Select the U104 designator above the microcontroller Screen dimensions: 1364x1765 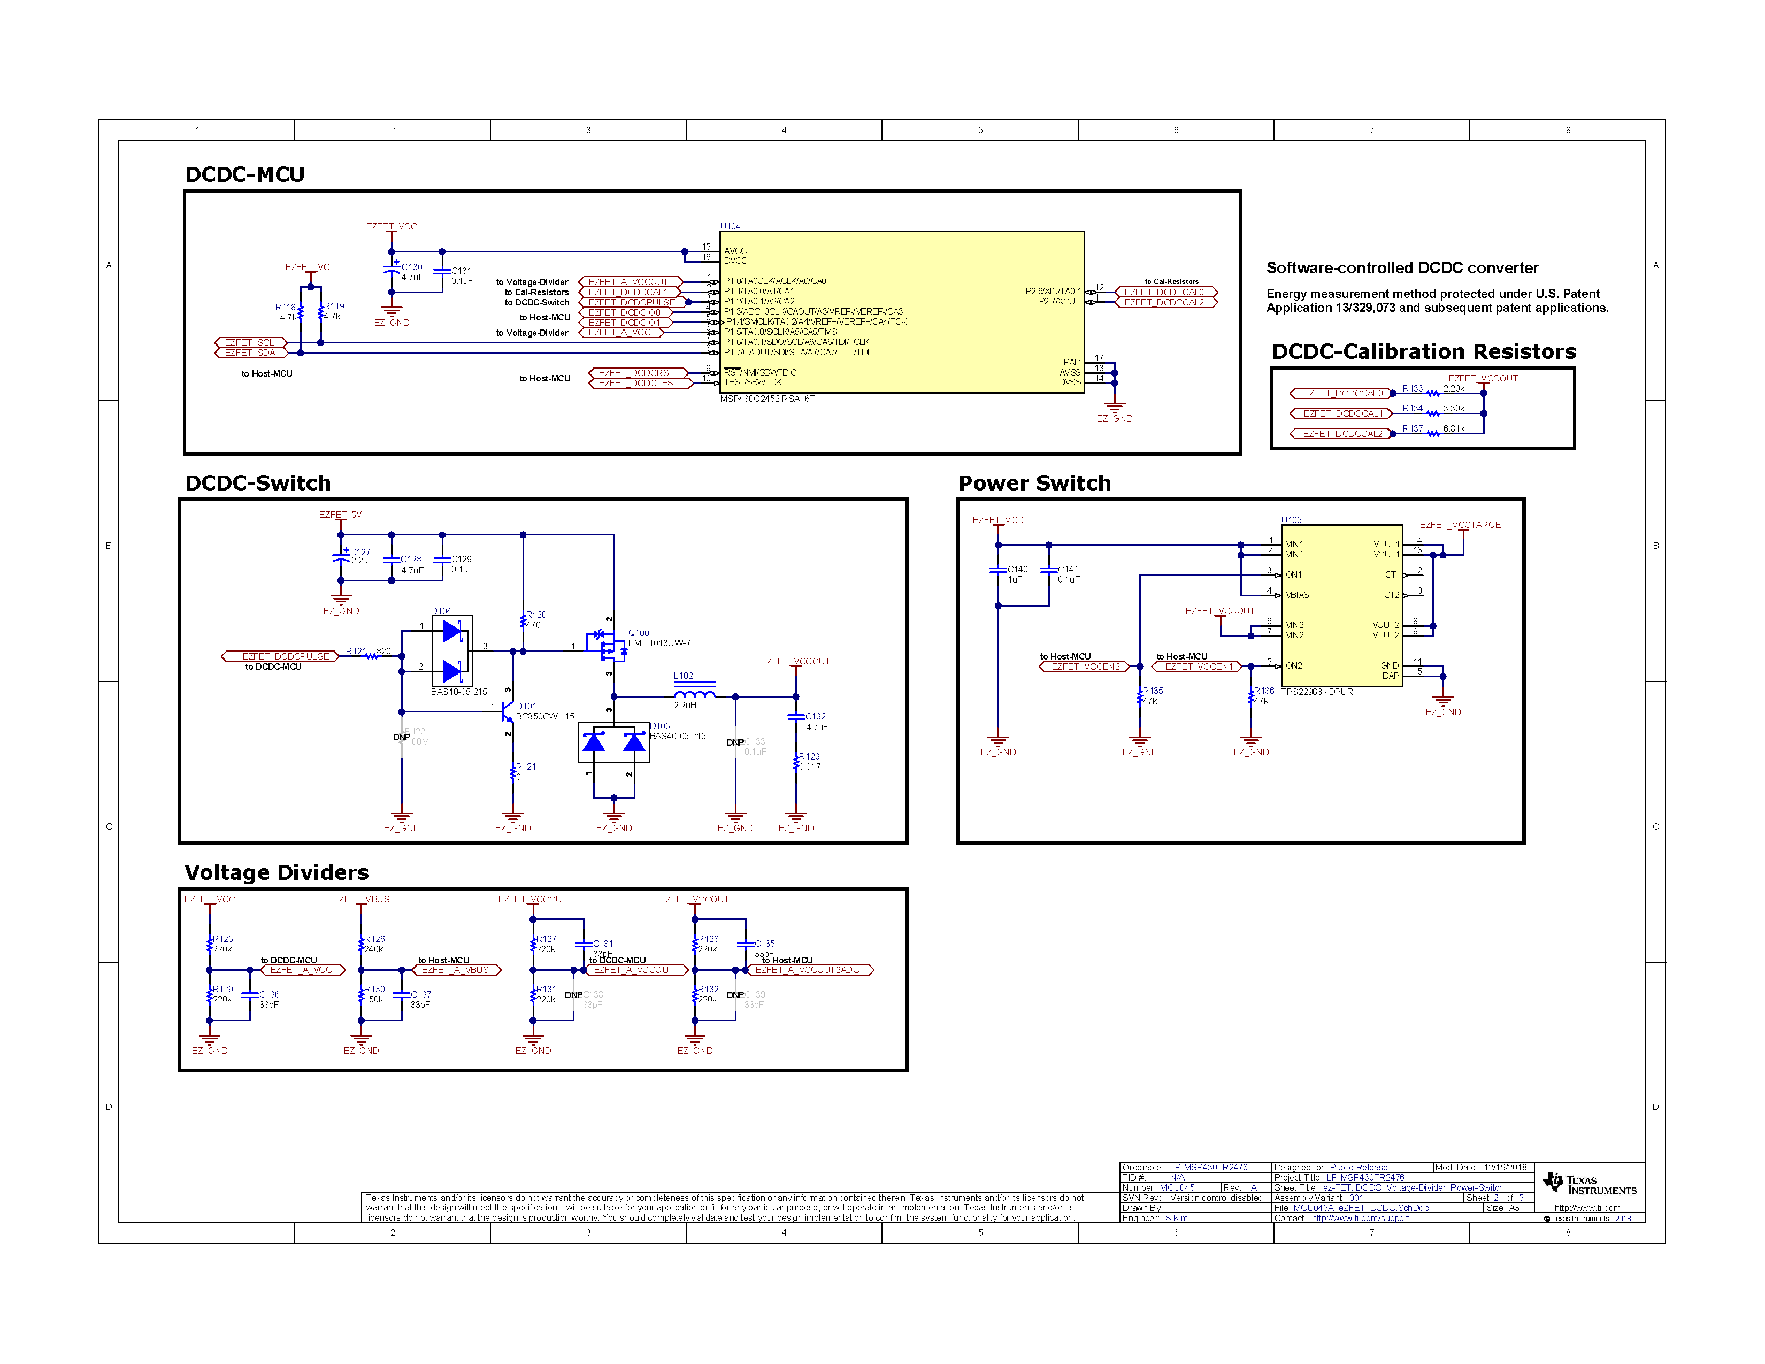tap(730, 226)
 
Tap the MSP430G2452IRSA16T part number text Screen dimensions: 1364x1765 tap(767, 399)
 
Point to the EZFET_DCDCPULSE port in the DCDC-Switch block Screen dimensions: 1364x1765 tap(285, 656)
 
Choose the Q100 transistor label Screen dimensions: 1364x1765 tap(639, 633)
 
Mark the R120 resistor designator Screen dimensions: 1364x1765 tap(536, 615)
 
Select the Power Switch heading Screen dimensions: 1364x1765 tap(1034, 483)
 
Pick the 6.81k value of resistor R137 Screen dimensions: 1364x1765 tap(1453, 428)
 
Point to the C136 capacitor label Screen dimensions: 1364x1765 tap(269, 995)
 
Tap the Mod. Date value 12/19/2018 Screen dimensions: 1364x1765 tap(1505, 1167)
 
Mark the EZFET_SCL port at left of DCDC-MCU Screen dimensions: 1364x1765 tap(249, 343)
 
